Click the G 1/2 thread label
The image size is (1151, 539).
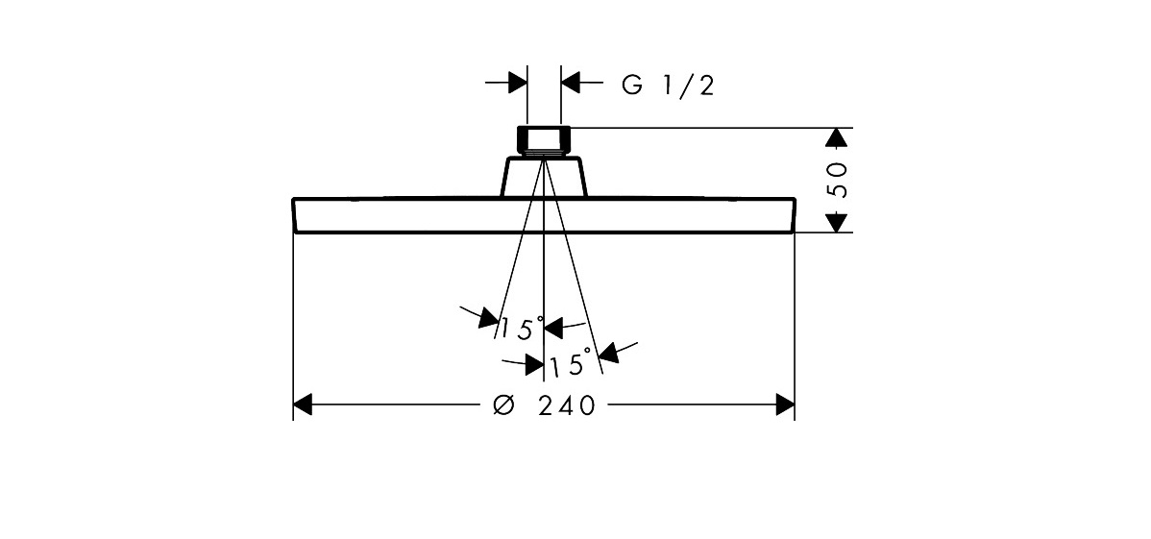[x=668, y=86]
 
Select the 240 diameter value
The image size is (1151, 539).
[x=567, y=405]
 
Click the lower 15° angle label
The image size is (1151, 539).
[x=571, y=365]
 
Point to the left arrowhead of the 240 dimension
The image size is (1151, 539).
[x=303, y=404]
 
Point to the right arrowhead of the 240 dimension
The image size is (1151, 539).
[x=785, y=404]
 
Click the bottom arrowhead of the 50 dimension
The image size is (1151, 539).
[x=839, y=222]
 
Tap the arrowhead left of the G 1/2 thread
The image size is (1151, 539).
[x=517, y=83]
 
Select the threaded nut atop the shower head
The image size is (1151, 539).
[x=544, y=139]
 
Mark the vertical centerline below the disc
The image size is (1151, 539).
[x=544, y=279]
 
